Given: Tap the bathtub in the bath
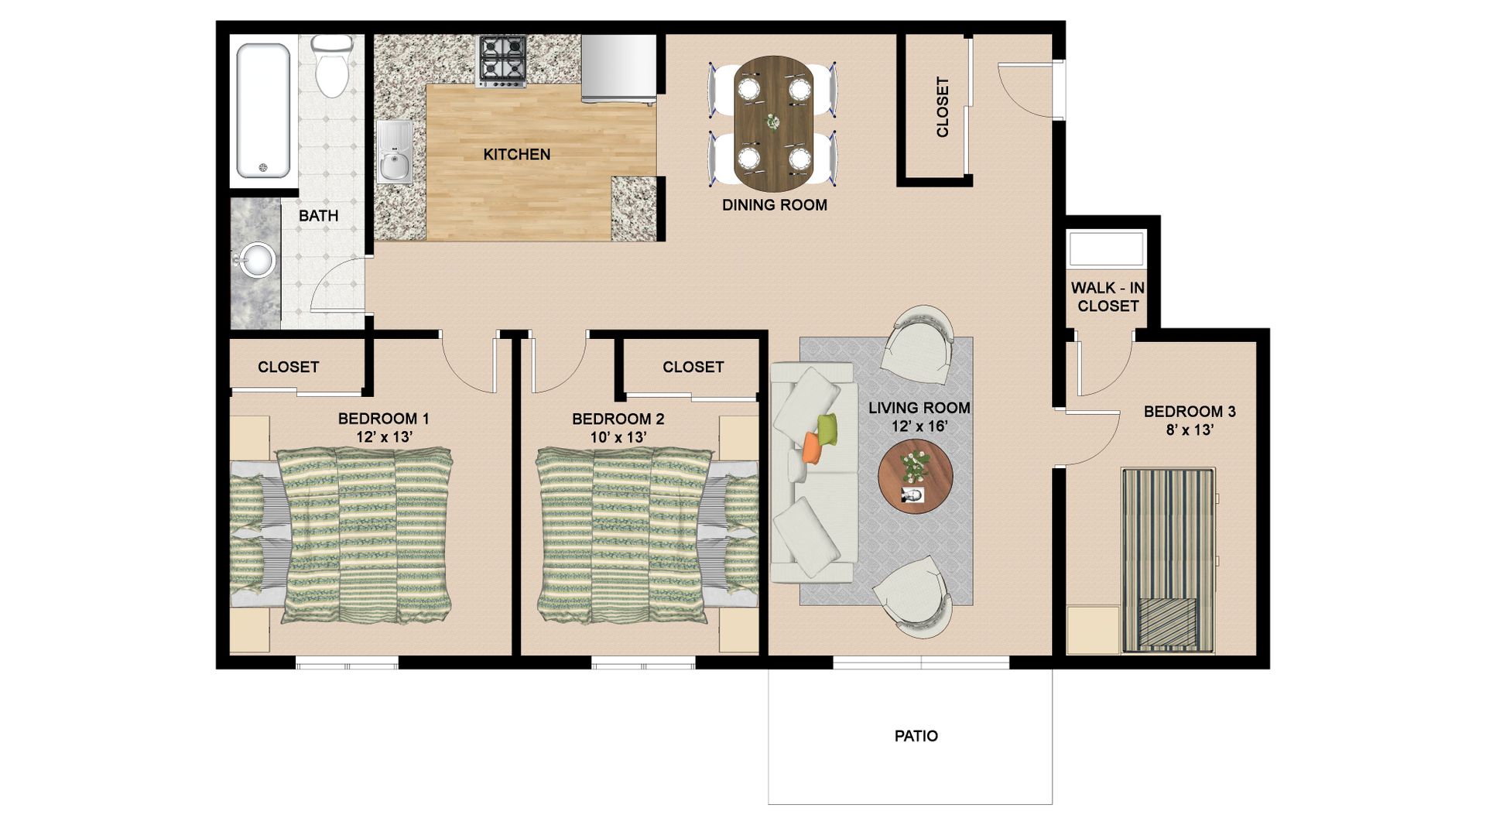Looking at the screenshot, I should (264, 111).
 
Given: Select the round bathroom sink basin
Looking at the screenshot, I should (255, 260).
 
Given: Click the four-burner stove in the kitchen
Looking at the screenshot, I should (502, 60).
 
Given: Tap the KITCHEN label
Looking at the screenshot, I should (516, 155).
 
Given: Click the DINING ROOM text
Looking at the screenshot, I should (774, 205).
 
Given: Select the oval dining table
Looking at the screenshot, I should (774, 122).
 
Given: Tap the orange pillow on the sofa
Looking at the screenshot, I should (812, 447).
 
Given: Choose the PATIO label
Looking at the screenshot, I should (916, 736).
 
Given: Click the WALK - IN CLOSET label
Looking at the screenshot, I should (1108, 296).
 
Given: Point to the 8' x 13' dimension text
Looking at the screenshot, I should (1189, 430).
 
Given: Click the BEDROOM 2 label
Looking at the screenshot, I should (618, 419).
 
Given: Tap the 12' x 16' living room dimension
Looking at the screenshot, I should (919, 426).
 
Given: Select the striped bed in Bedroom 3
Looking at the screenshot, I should (1169, 559).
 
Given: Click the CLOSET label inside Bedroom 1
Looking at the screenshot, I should (288, 367).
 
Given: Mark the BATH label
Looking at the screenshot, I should (318, 216).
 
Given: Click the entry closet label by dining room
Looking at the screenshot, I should (942, 107).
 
